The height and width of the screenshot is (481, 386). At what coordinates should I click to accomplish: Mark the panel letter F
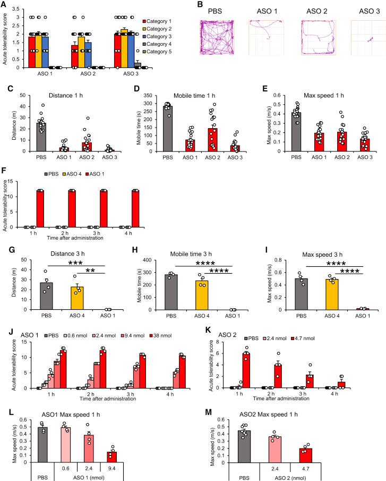click(x=4, y=158)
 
